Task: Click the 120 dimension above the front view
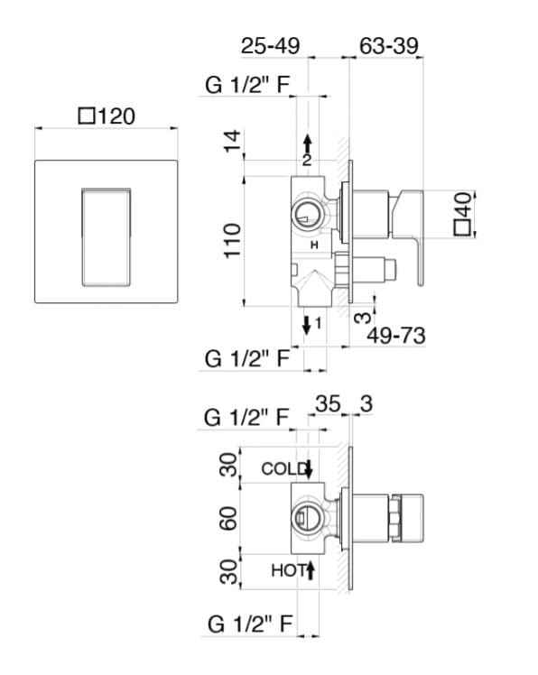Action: click(116, 116)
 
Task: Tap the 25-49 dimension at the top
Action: click(270, 46)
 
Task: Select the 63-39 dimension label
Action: click(388, 46)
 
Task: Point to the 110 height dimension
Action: click(233, 241)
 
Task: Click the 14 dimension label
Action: click(233, 141)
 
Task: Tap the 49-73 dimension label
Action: click(396, 335)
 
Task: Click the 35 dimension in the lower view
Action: click(328, 403)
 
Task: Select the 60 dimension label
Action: click(228, 518)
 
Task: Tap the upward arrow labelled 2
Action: click(307, 144)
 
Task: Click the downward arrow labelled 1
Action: click(307, 326)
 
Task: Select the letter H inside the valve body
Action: click(314, 245)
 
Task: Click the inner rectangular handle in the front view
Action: click(106, 236)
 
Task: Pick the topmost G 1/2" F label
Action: click(247, 85)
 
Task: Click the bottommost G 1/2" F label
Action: click(250, 624)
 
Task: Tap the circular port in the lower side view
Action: click(306, 517)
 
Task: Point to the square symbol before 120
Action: click(87, 116)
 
